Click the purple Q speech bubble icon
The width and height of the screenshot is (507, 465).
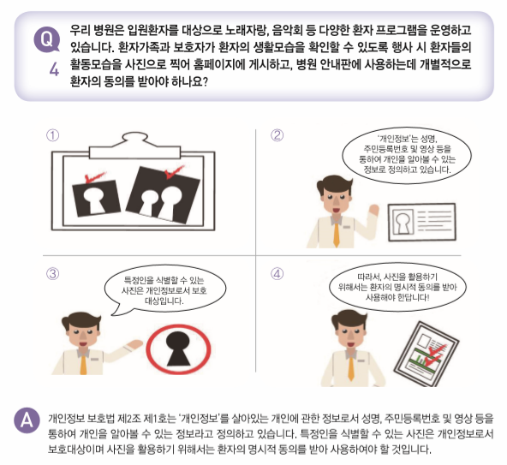click(x=46, y=39)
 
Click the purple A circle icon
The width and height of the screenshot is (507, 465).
click(x=27, y=420)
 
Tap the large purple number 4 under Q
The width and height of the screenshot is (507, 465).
click(x=54, y=69)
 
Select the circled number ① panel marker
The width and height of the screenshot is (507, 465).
click(x=53, y=135)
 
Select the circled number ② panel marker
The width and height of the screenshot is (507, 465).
click(x=277, y=134)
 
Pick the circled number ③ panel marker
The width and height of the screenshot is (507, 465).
click(x=53, y=274)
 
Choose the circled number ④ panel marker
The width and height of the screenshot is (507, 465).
click(x=277, y=274)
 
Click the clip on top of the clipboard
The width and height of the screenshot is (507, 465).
click(x=134, y=146)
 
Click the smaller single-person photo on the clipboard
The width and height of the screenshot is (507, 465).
click(x=96, y=198)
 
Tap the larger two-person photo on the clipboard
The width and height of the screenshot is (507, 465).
click(x=163, y=194)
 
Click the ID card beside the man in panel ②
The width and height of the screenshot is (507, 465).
click(x=421, y=222)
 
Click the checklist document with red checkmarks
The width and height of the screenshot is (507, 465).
click(x=426, y=354)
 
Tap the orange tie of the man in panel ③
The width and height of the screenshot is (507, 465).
click(x=83, y=365)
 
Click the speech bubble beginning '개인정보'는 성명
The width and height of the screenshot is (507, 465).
click(x=407, y=155)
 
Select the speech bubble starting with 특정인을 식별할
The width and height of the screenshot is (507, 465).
click(x=164, y=290)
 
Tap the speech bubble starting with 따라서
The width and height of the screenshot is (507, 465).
click(x=397, y=287)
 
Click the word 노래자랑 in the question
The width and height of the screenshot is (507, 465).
click(x=246, y=30)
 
